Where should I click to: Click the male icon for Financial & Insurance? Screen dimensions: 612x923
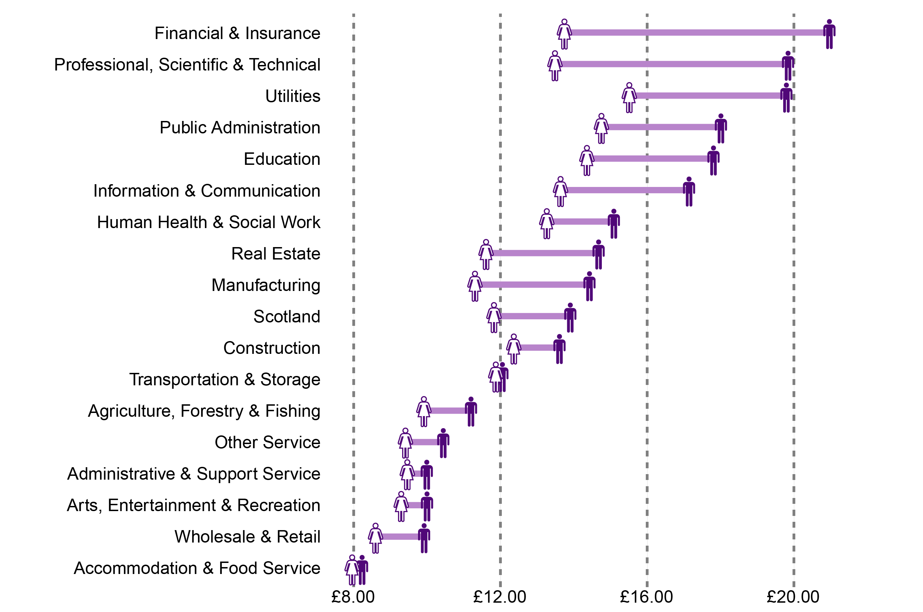point(829,34)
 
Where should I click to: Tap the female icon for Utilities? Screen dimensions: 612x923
point(629,97)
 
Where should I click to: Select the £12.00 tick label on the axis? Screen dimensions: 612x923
point(499,597)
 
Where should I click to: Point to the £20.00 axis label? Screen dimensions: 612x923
point(793,597)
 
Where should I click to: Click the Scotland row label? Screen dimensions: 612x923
point(287,317)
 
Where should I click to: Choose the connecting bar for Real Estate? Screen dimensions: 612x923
point(542,253)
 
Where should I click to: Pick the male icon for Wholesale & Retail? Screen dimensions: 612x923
point(424,539)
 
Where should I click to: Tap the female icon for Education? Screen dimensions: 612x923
point(587,160)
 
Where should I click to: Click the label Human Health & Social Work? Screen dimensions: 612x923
point(208,222)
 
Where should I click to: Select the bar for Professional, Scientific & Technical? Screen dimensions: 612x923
point(671,64)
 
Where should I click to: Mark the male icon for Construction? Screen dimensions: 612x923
point(559,349)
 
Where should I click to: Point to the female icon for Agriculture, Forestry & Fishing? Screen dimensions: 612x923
point(424,412)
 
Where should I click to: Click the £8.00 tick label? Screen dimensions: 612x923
point(353,597)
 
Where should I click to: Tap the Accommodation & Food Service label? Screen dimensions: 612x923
point(197,568)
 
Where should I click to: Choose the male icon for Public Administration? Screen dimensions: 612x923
point(721,129)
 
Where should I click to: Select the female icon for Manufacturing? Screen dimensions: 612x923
point(475,286)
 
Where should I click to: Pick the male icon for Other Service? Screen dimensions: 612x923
point(443,443)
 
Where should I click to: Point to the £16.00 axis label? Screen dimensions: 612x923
point(646,597)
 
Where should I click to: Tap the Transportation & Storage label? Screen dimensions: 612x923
point(225,379)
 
